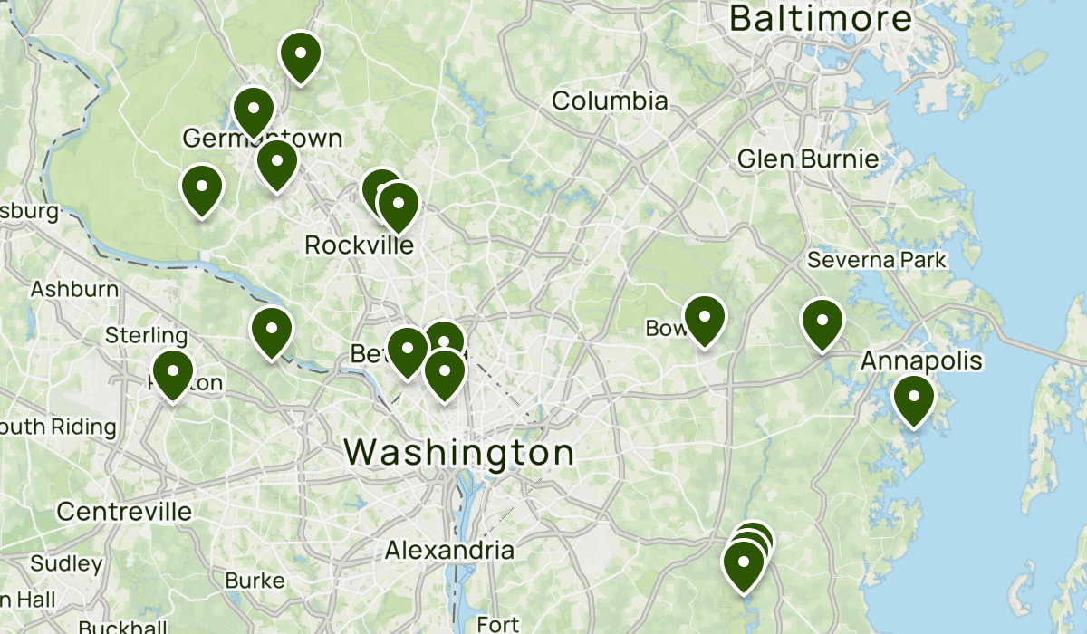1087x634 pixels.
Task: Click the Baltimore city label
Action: (x=821, y=18)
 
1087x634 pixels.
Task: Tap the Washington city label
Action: (x=459, y=452)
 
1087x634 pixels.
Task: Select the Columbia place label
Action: (x=609, y=101)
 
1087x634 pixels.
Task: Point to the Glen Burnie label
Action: (x=808, y=159)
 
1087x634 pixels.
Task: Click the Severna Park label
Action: (x=876, y=261)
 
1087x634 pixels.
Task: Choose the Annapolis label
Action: (x=920, y=361)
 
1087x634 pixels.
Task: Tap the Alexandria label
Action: (x=449, y=550)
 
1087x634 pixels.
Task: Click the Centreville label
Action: (x=124, y=512)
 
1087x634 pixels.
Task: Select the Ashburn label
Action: (x=74, y=290)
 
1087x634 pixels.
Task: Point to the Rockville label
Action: (x=359, y=245)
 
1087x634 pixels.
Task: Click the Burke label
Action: (x=255, y=581)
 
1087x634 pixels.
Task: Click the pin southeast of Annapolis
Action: (x=913, y=399)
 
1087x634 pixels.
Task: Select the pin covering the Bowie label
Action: (x=705, y=318)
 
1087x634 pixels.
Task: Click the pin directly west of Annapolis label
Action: (x=822, y=321)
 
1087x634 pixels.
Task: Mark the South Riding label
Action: (x=59, y=427)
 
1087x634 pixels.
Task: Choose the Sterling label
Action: (x=146, y=336)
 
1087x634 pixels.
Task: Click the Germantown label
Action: (x=263, y=139)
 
